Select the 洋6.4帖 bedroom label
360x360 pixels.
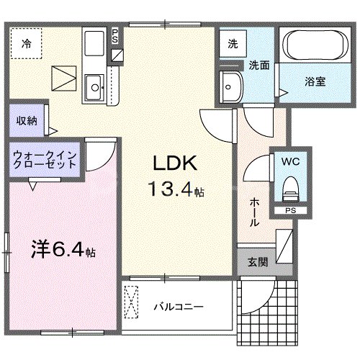coord(63,252)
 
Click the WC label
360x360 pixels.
coord(291,161)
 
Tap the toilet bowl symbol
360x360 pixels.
coord(290,189)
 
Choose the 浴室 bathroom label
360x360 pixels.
coord(315,82)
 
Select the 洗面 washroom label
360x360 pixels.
coord(259,66)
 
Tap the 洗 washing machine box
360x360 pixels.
coord(233,44)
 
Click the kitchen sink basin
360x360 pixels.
coord(94,89)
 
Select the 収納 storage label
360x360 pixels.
coord(26,120)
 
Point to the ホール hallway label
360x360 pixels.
coord(254,212)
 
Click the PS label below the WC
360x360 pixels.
coord(289,211)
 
